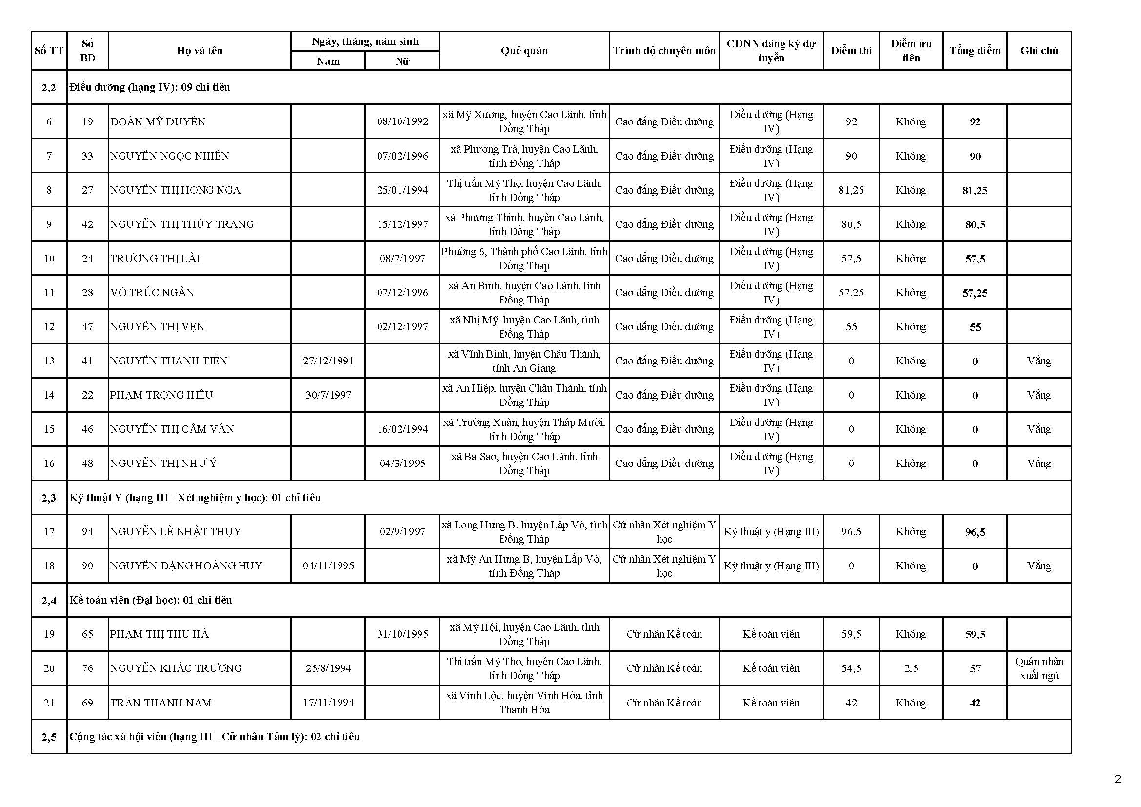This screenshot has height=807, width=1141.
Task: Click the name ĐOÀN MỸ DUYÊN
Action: [x=158, y=122]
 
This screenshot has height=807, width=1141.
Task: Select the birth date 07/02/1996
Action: [x=402, y=156]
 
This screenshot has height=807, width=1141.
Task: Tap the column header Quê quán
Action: [x=524, y=51]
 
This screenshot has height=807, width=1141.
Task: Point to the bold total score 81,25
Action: [x=975, y=190]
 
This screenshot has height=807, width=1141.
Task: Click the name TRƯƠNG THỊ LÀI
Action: [x=155, y=259]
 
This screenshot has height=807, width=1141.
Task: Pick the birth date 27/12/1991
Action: [x=328, y=361]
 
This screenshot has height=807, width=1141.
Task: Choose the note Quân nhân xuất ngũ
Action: [x=1039, y=668]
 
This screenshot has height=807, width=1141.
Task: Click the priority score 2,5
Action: [x=910, y=668]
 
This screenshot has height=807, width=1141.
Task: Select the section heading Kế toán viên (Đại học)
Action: [x=151, y=600]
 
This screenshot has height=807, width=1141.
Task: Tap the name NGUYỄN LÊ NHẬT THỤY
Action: [x=176, y=532]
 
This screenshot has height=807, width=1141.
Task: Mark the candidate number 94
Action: [x=87, y=532]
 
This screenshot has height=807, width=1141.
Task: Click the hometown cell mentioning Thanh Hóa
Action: [x=524, y=703]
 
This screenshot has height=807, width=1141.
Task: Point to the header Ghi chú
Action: [x=1039, y=51]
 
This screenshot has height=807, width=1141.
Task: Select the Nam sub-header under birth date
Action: [x=327, y=61]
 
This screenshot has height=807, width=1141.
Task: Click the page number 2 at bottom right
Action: [x=1118, y=779]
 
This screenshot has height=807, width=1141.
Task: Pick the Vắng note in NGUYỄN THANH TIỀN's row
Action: [x=1039, y=361]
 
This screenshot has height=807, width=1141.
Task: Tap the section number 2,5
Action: [x=49, y=737]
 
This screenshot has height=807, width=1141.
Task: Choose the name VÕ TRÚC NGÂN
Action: [x=152, y=292]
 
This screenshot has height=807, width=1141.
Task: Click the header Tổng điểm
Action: [x=975, y=51]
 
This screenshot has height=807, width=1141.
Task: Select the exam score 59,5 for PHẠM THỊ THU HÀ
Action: [x=851, y=634]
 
